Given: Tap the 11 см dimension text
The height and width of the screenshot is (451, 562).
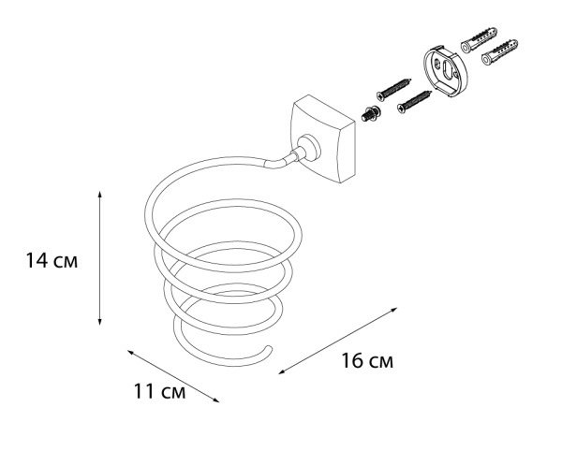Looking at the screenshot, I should pyautogui.click(x=159, y=391).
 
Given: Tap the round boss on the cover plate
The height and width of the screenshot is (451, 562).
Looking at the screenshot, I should pyautogui.click(x=306, y=148).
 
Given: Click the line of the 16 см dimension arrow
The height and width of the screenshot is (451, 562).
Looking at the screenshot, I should pyautogui.click(x=342, y=340).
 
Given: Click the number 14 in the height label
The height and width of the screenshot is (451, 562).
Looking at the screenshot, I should pyautogui.click(x=37, y=261).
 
